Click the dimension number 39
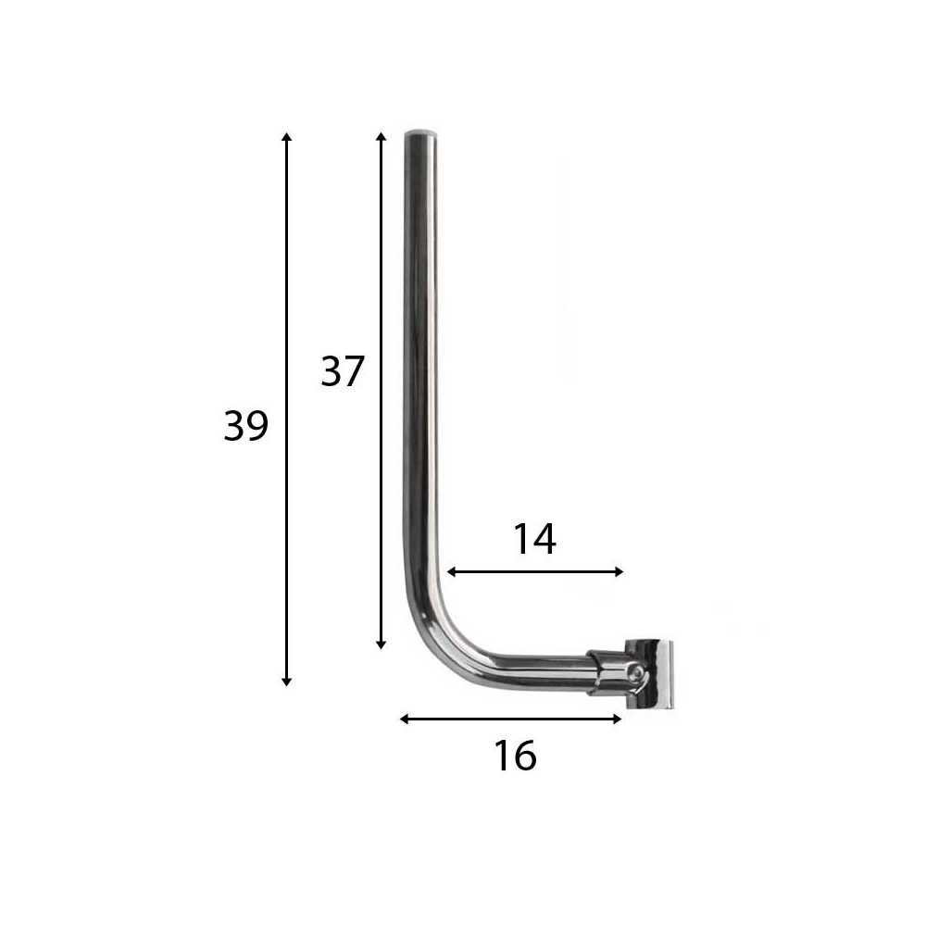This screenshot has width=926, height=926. (x=245, y=425)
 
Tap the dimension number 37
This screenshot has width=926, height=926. (x=343, y=371)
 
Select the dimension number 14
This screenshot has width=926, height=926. (x=534, y=539)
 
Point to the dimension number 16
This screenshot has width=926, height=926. (x=515, y=756)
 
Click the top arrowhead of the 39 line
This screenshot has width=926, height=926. (x=286, y=136)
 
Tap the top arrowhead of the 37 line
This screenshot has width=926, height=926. (x=381, y=136)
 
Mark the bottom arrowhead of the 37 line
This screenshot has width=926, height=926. (x=381, y=644)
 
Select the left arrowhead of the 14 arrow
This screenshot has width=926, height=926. (x=451, y=571)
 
